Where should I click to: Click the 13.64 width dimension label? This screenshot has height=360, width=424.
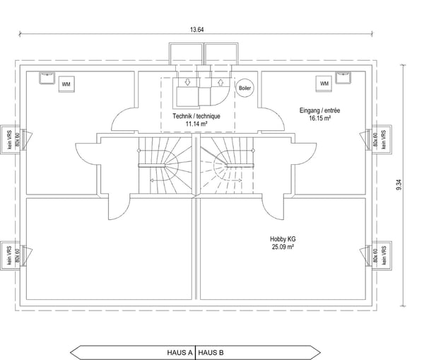[x=196, y=30]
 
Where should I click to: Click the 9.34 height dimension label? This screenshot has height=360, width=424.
[x=399, y=185]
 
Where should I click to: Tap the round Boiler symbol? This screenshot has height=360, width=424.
[x=245, y=88]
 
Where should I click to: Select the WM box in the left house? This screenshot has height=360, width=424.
[x=66, y=84]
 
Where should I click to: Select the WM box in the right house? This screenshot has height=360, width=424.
[x=324, y=83]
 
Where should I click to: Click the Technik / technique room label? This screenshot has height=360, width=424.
[x=196, y=116]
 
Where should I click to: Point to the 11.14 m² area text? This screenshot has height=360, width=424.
[x=196, y=124]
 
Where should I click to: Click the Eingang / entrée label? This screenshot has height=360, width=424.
[x=319, y=110]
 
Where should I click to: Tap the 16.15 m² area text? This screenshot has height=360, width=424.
[x=320, y=118]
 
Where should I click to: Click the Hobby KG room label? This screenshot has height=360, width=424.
[x=283, y=239]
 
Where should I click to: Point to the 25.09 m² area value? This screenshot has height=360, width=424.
[x=283, y=247]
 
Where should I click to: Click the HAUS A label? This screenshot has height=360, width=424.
[x=179, y=353]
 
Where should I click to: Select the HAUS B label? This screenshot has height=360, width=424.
[x=211, y=353]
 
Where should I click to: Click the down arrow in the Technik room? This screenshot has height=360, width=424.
[x=188, y=82]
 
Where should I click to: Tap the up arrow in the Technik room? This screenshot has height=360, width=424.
[x=220, y=82]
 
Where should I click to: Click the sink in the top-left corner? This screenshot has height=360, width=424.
[x=47, y=78]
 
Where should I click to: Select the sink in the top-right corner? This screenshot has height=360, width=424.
[x=343, y=78]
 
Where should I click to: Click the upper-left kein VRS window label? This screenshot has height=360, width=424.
[x=10, y=139]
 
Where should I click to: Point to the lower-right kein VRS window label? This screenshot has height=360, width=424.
[x=384, y=255]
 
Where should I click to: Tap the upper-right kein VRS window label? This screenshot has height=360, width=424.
[x=384, y=139]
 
